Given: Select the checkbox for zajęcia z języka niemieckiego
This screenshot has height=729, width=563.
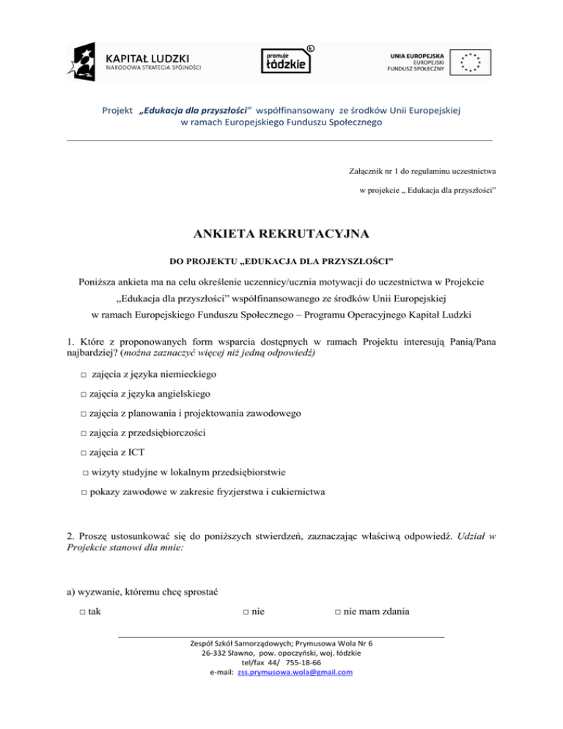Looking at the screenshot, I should coord(84,375).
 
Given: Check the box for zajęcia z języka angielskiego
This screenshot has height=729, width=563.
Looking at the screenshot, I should coord(84,395).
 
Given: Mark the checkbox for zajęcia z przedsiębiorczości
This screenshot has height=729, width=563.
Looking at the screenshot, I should coord(84,433).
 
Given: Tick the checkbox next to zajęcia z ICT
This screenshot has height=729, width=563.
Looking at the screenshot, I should coord(84,453).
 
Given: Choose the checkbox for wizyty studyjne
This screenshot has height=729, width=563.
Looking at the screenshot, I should coord(86,472).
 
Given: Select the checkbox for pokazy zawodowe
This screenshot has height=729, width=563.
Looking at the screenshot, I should coord(84,491).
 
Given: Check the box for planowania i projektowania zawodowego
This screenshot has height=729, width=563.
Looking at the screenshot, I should coord(84,414).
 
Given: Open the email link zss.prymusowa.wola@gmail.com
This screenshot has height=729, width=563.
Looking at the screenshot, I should coord(295,672).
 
